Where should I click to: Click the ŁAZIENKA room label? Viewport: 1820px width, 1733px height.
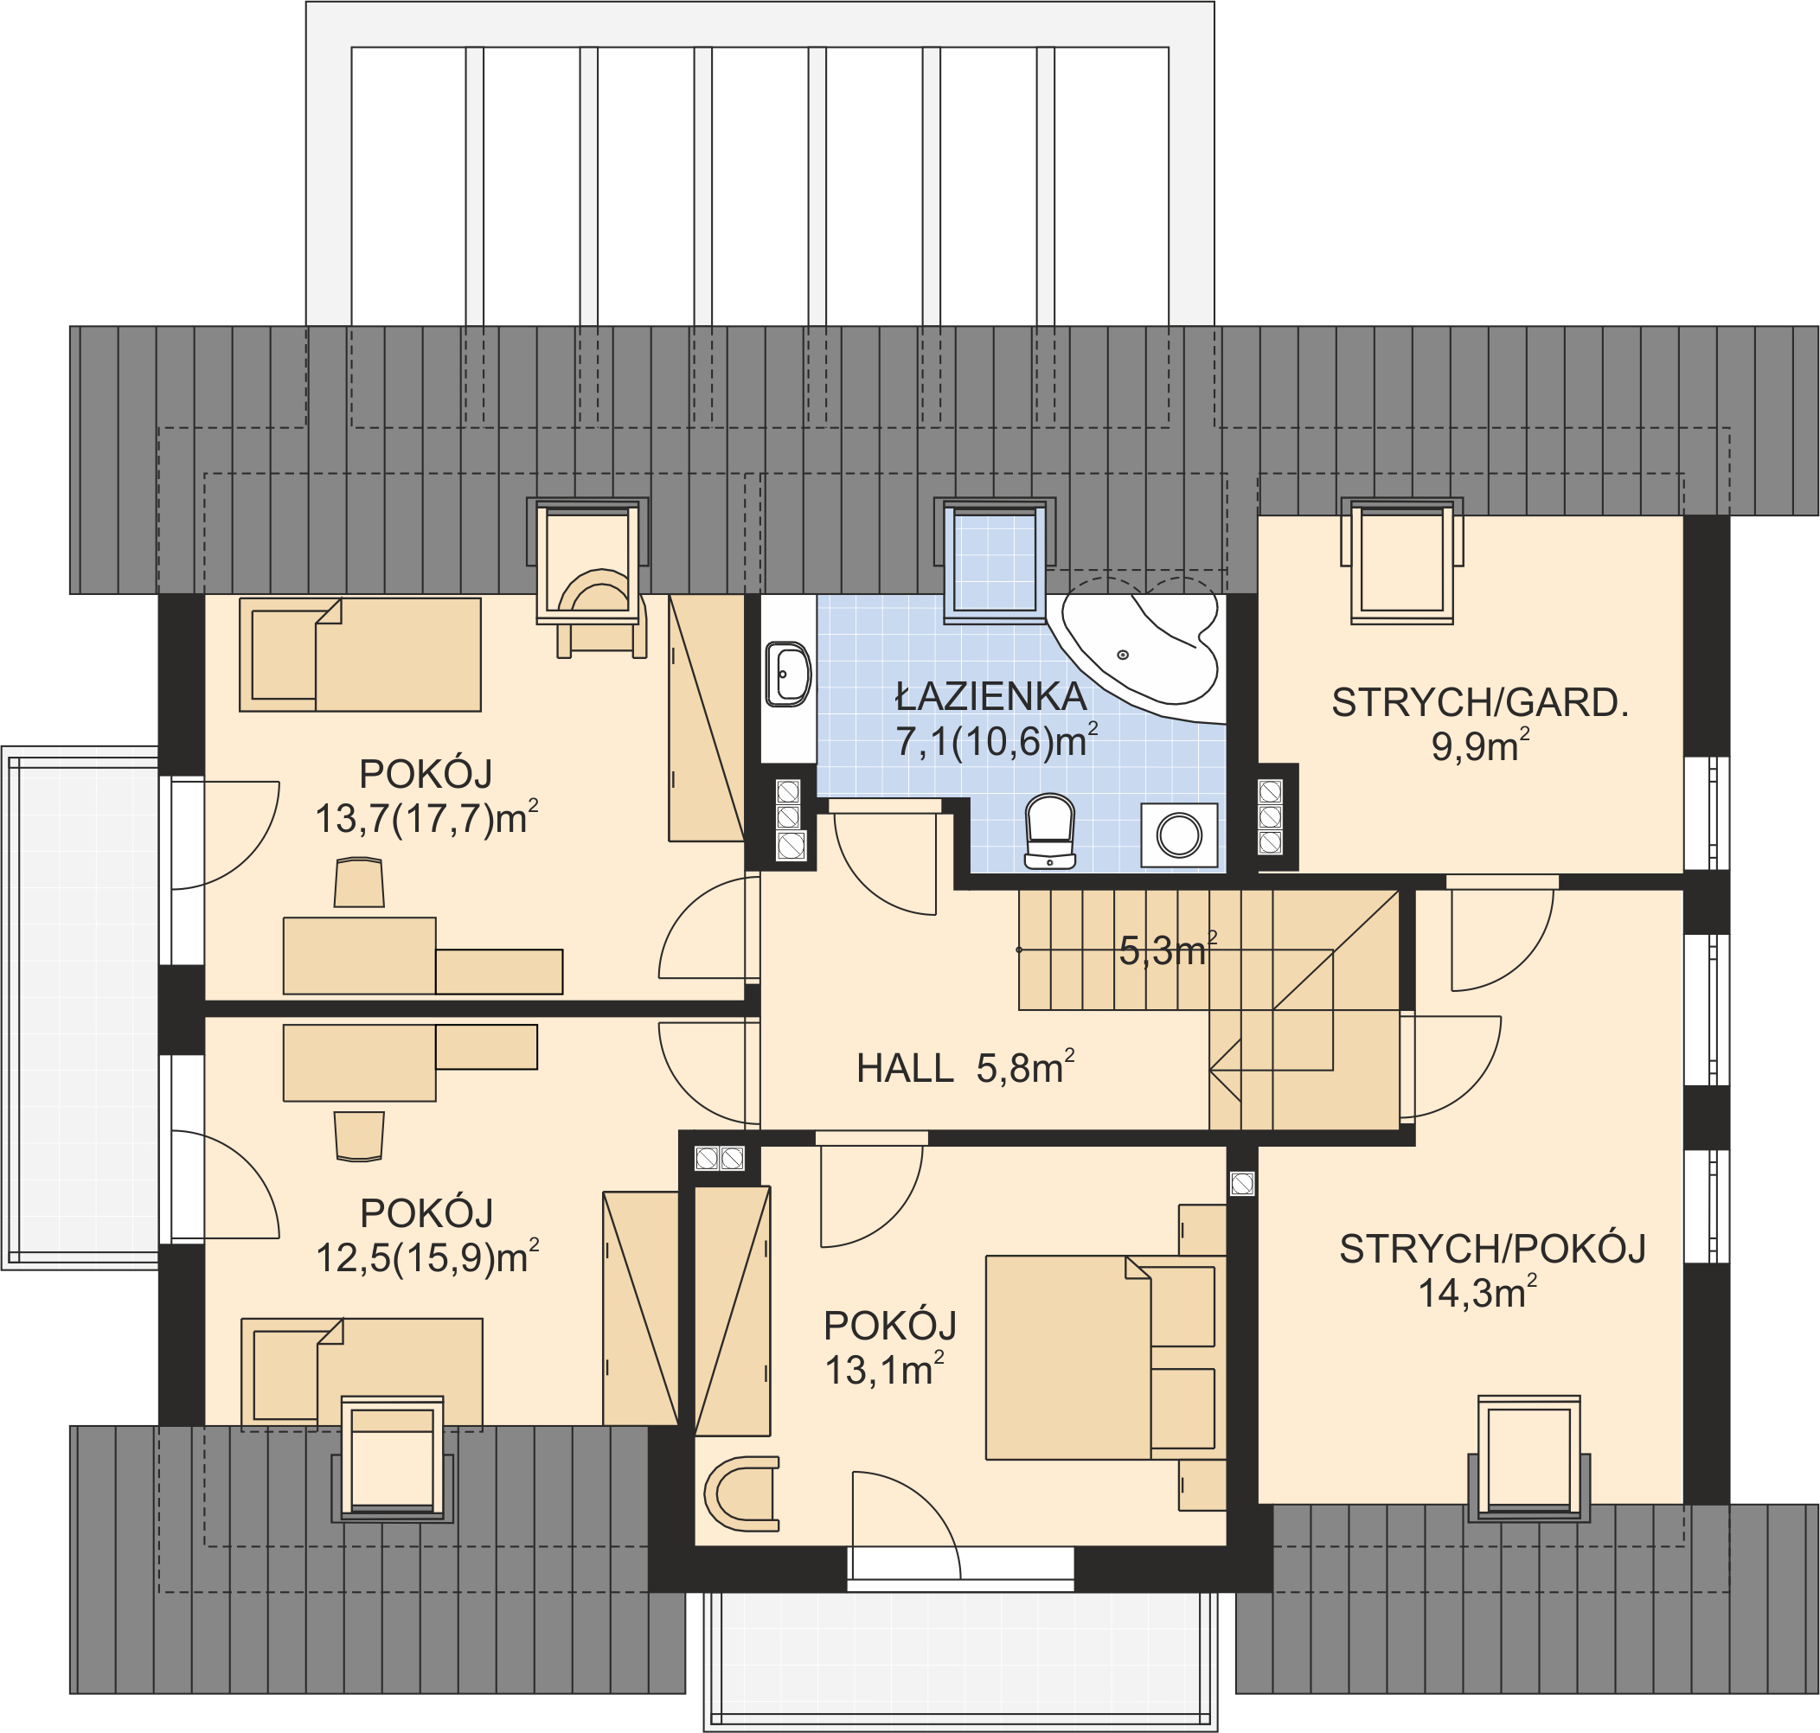point(990,696)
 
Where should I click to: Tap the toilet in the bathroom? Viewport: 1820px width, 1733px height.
point(1050,831)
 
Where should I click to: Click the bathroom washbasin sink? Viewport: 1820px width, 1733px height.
point(788,675)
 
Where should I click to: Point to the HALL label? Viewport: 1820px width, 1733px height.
point(905,1069)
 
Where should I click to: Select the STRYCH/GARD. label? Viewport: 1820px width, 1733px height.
point(1479,703)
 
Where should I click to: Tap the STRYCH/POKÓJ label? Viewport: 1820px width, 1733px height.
point(1493,1249)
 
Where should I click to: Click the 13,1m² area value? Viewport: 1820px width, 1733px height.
point(884,1371)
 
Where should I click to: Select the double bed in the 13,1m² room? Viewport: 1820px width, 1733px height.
point(1100,1357)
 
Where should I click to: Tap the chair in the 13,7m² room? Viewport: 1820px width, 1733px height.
point(359,883)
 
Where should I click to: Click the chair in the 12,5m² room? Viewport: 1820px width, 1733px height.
point(359,1136)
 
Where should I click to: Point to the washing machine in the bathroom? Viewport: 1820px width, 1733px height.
point(1179,835)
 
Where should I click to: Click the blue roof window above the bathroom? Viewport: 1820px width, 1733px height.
point(995,560)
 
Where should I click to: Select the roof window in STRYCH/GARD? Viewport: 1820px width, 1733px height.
point(1402,560)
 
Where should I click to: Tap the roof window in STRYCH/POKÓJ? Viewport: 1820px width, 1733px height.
point(1529,1459)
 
